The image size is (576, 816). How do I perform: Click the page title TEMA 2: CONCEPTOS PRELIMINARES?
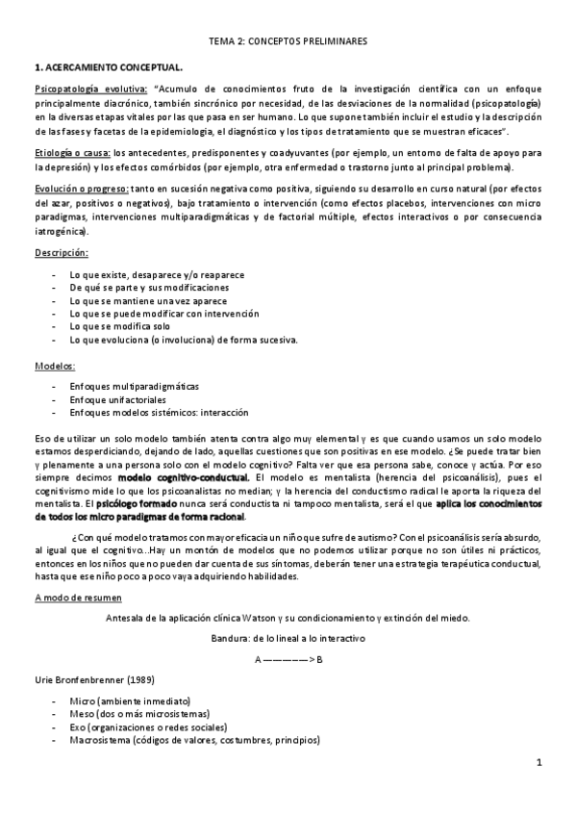pyautogui.click(x=288, y=42)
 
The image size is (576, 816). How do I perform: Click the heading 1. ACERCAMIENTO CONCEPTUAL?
pyautogui.click(x=108, y=66)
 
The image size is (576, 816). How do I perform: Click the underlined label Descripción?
pyautogui.click(x=62, y=251)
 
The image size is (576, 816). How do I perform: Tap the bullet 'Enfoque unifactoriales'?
pyautogui.click(x=118, y=398)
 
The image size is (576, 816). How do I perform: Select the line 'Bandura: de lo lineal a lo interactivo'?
pyautogui.click(x=288, y=639)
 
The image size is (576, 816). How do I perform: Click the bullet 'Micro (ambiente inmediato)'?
pyautogui.click(x=130, y=701)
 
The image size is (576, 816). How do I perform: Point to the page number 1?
pyautogui.click(x=540, y=765)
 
